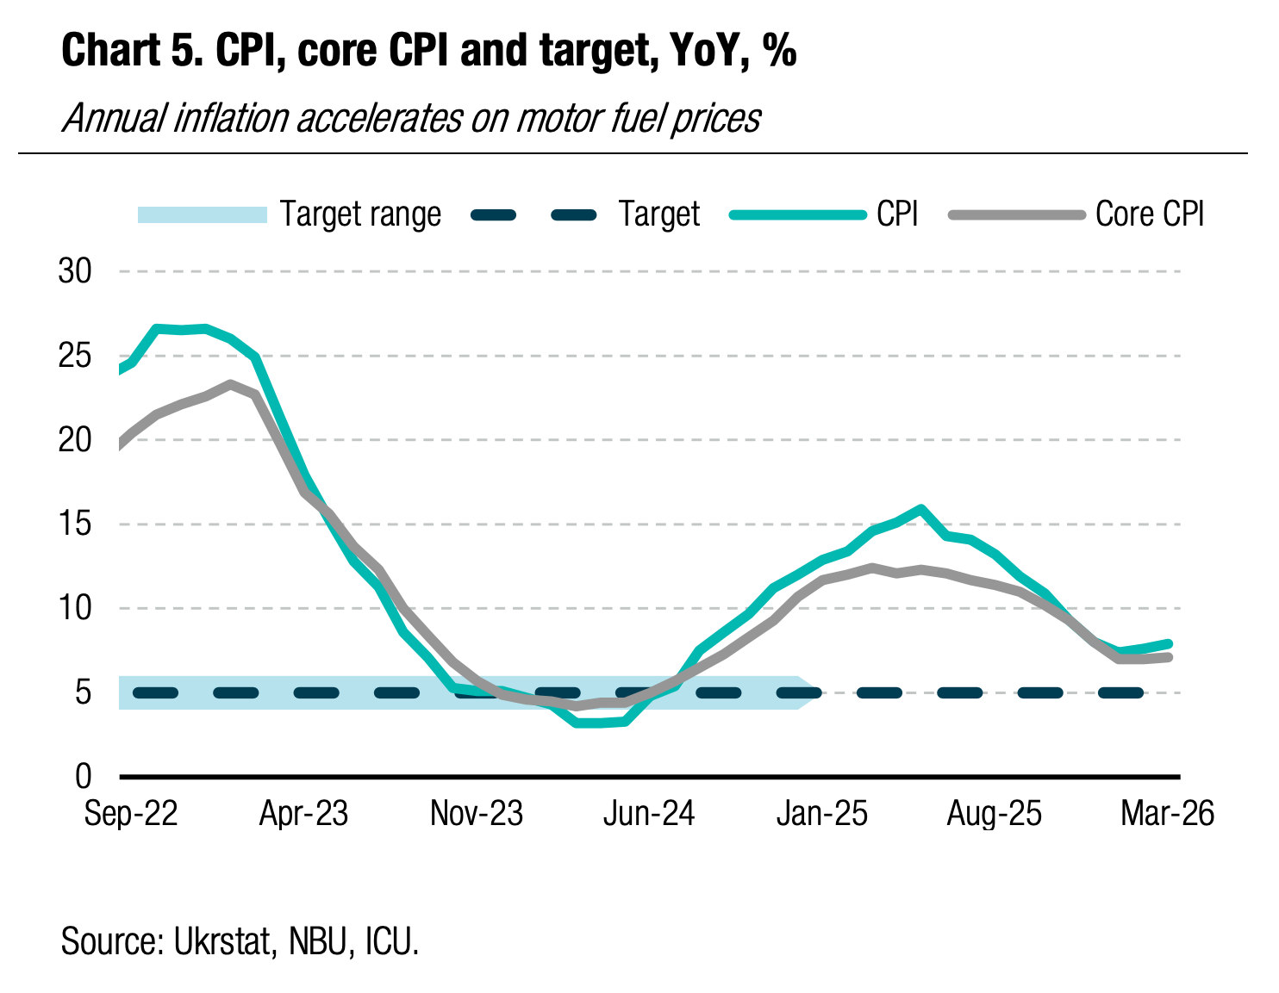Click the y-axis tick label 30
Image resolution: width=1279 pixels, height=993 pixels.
click(74, 272)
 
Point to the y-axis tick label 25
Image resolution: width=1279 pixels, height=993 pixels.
click(74, 356)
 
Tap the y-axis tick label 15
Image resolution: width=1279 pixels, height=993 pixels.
click(74, 524)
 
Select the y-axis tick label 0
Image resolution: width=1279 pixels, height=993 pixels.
click(83, 777)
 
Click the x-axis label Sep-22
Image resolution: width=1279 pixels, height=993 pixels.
click(131, 814)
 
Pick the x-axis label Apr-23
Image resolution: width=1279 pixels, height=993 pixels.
click(303, 814)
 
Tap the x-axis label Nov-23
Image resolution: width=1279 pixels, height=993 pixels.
click(477, 814)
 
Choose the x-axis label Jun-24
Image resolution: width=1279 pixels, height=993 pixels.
click(649, 814)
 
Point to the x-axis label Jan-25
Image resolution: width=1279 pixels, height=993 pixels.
click(822, 814)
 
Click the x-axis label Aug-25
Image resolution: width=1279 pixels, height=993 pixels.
click(995, 814)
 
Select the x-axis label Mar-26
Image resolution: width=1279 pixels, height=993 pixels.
click(1167, 814)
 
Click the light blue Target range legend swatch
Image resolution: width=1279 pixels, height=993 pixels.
click(203, 214)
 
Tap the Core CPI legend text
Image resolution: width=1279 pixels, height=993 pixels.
click(1150, 214)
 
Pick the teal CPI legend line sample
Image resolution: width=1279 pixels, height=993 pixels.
click(797, 214)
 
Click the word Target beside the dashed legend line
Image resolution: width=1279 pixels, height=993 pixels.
click(659, 214)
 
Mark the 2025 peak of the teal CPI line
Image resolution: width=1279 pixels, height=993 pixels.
click(921, 508)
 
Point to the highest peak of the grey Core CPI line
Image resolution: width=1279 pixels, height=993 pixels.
click(230, 384)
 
